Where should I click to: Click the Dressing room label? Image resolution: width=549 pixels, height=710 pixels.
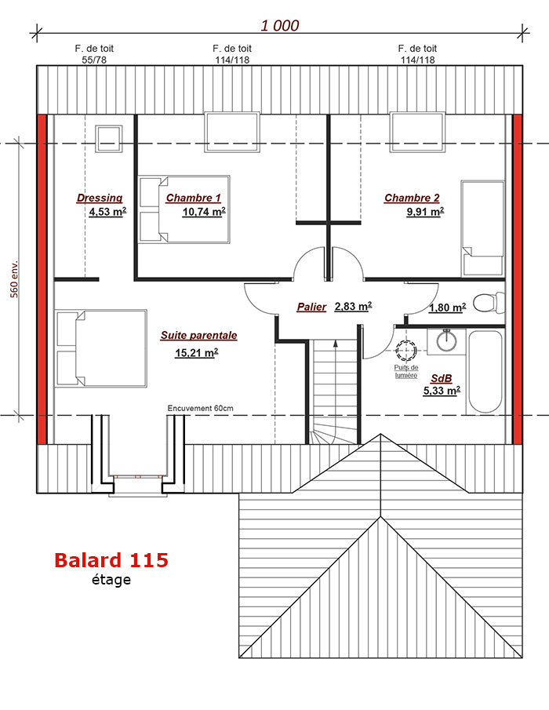point(100,198)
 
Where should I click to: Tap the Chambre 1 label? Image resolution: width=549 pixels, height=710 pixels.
point(193,198)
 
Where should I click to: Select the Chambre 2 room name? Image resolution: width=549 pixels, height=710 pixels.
point(412,198)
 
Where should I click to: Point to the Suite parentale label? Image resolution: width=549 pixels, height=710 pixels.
point(198,336)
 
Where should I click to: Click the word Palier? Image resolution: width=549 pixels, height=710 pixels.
point(311,307)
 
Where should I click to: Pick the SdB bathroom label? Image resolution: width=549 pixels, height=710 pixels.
point(442,379)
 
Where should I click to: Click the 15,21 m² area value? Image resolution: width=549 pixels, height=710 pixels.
point(196,352)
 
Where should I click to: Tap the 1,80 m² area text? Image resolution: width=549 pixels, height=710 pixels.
point(447,308)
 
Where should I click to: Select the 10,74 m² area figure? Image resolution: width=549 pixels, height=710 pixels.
point(204,212)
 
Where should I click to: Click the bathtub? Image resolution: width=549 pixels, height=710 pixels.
point(485,372)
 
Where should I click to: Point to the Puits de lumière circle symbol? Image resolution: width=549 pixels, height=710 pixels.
point(406,350)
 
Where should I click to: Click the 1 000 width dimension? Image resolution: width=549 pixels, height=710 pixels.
point(280,26)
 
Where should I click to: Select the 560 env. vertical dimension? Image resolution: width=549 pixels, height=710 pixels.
point(14,279)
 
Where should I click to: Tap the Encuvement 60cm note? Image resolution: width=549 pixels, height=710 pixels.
point(201,409)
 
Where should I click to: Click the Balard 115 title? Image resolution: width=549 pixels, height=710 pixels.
point(111,560)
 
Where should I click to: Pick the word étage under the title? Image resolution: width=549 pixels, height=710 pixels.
point(111,580)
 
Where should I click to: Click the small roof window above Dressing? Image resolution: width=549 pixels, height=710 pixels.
point(108,139)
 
